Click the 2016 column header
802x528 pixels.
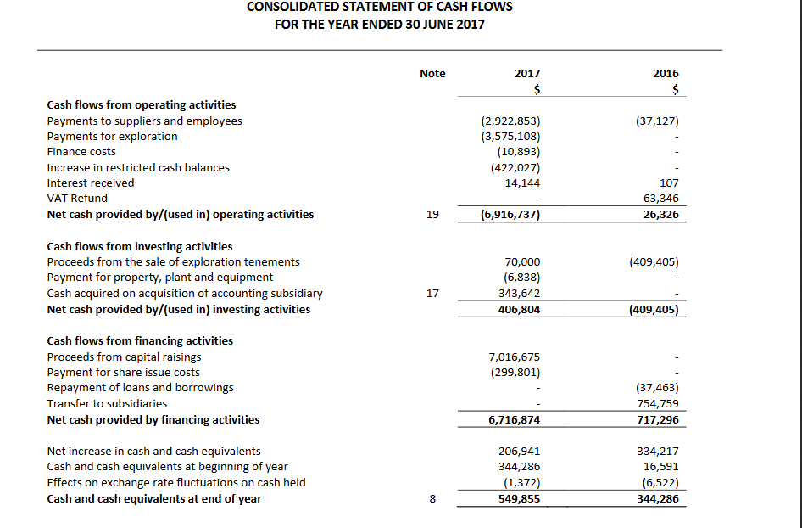coord(666,74)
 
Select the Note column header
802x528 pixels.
coord(432,74)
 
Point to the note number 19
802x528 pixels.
coord(432,215)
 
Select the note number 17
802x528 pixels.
coord(432,294)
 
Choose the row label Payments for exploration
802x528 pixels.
coord(113,137)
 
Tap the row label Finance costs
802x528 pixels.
coord(81,152)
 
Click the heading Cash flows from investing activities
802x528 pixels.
coord(140,247)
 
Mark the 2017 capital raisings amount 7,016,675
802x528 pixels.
coord(515,357)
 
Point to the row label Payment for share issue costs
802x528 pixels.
coord(124,372)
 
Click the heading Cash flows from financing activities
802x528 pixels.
coord(140,341)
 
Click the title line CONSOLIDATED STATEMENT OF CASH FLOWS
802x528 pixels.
coord(380,7)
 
